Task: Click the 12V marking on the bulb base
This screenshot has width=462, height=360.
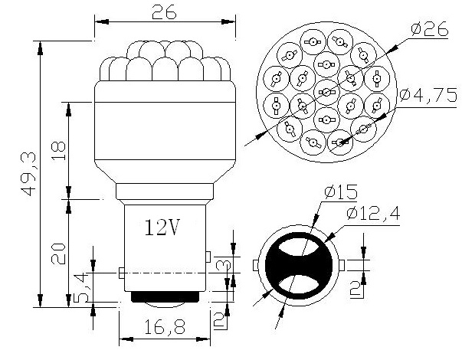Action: point(162,227)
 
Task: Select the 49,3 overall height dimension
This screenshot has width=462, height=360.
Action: point(28,174)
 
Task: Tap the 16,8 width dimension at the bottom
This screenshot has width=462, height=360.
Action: point(165,327)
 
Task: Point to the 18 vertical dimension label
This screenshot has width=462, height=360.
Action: point(58,151)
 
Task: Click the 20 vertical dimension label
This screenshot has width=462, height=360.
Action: point(58,254)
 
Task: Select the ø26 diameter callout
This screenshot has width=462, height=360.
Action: point(430,29)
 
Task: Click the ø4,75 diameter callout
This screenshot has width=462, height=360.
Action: point(428,95)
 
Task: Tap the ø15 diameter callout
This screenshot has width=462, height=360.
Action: point(341,192)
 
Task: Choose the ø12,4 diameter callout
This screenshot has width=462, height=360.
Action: point(373,213)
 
